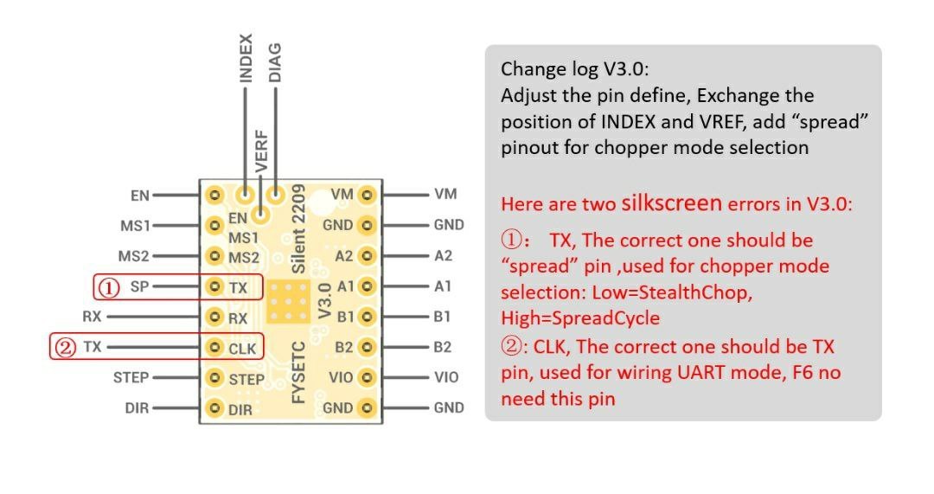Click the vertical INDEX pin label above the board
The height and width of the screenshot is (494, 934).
pyautogui.click(x=246, y=58)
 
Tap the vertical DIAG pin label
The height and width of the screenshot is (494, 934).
pyautogui.click(x=275, y=62)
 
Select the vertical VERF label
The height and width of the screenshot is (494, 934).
pyautogui.click(x=261, y=151)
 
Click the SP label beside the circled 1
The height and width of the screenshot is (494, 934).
pyautogui.click(x=139, y=286)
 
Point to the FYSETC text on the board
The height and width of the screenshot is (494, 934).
pyautogui.click(x=298, y=372)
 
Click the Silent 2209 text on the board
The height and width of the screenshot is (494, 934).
pyautogui.click(x=298, y=229)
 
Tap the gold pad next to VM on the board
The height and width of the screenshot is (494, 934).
pyautogui.click(x=368, y=195)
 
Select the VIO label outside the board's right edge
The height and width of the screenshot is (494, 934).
pyautogui.click(x=446, y=377)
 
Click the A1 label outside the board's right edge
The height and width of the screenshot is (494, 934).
pyautogui.click(x=443, y=286)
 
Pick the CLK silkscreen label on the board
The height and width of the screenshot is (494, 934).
pyautogui.click(x=242, y=349)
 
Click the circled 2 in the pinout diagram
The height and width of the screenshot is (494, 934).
pyautogui.click(x=64, y=347)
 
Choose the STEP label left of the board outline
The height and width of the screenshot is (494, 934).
pyautogui.click(x=131, y=378)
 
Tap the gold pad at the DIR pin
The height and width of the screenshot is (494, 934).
pyautogui.click(x=214, y=408)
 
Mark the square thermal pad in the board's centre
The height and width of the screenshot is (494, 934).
pyautogui.click(x=288, y=302)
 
